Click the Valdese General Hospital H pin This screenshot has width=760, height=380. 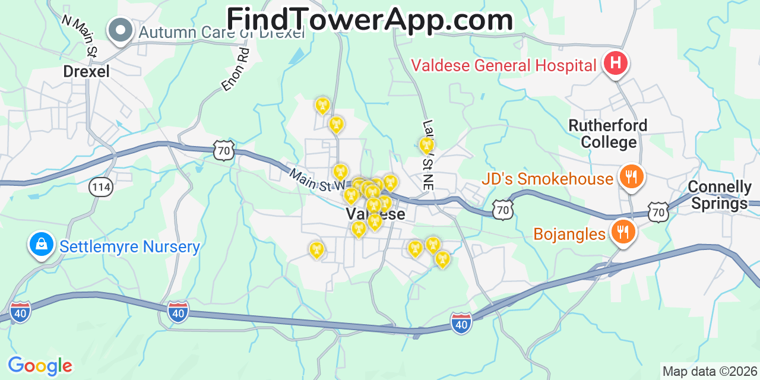coord(615,63)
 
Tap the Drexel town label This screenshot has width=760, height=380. coord(87,72)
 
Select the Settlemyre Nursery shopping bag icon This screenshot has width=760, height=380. coord(41,245)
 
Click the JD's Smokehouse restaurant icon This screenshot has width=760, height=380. coord(631,178)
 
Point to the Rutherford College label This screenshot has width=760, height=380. coord(607,134)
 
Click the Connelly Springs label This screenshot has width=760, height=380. coord(720,195)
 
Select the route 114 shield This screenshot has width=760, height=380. coord(100,188)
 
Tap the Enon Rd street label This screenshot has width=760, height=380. coord(236,69)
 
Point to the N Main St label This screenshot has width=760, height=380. coord(79,36)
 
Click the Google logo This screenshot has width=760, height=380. coord(40,366)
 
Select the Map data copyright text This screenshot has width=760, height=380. coord(710,372)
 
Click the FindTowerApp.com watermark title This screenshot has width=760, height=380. coord(369,20)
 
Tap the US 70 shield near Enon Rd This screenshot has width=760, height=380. coord(224,151)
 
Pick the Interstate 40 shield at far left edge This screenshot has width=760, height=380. coord(20,312)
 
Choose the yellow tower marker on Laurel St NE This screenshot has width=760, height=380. coord(426,145)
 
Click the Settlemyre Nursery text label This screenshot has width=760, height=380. coord(129,246)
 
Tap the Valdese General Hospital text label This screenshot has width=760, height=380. coord(503,65)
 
